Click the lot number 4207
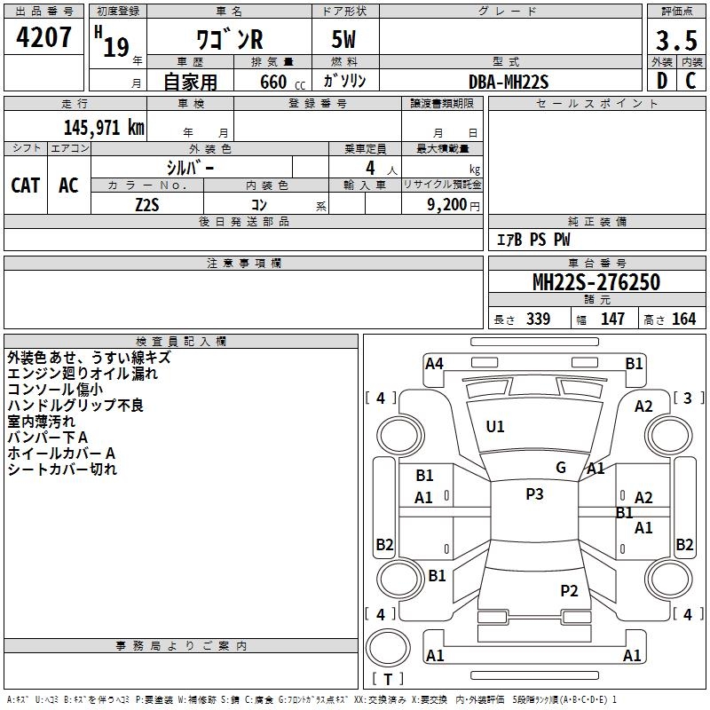click(44, 38)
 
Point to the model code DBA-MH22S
click(509, 83)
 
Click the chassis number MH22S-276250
click(596, 283)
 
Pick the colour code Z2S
click(146, 203)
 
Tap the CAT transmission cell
click(25, 185)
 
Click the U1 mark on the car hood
click(494, 427)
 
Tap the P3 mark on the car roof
click(533, 494)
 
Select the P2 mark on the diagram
click(569, 590)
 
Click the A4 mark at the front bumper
click(434, 363)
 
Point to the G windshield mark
click(561, 468)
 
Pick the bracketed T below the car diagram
click(388, 680)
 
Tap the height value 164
click(683, 319)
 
